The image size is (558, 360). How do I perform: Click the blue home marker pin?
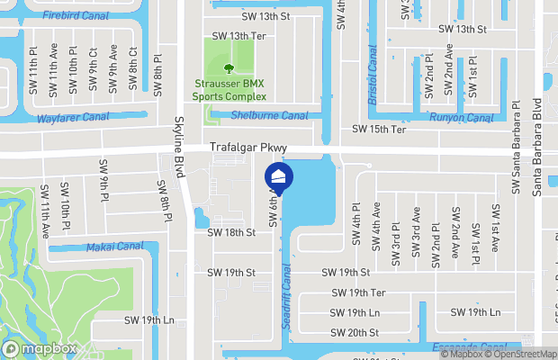tap(279, 176)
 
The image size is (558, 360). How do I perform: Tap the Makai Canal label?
tap(114, 247)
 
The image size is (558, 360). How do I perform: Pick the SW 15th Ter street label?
tap(379, 130)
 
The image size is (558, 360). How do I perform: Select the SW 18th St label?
tap(231, 232)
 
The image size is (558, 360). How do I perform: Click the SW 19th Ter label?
tap(358, 292)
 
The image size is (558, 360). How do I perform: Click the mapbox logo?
tap(40, 348)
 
